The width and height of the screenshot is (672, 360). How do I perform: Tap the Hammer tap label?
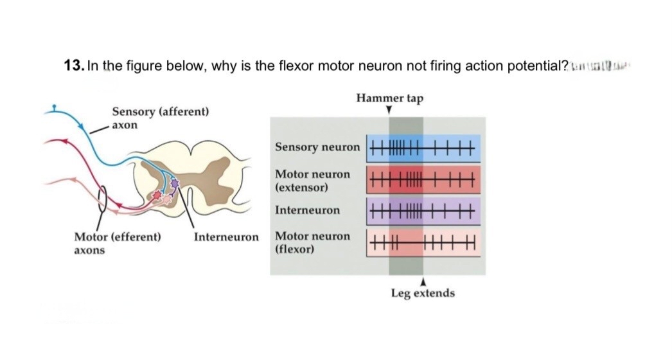pos(389,98)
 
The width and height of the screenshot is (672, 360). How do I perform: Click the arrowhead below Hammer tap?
pos(389,111)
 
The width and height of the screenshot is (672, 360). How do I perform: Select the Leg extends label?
pos(423,293)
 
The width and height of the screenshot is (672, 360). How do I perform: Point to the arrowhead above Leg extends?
pos(423,281)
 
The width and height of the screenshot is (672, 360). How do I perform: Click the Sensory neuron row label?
pos(317,147)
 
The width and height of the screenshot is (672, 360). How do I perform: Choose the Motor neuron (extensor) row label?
pos(313,181)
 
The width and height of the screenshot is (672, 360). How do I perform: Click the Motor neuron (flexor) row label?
pos(313,242)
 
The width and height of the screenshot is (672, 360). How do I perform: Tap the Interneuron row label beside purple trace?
pos(308,210)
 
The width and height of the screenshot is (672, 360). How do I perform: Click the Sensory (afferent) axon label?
pos(160,118)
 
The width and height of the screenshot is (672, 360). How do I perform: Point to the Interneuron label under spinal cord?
pos(226,237)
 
